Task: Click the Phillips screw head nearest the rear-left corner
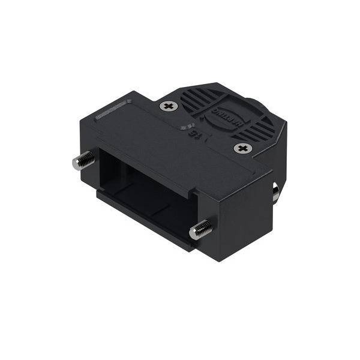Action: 169,106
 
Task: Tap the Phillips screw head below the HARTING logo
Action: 241,148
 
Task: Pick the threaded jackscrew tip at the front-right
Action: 200,229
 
